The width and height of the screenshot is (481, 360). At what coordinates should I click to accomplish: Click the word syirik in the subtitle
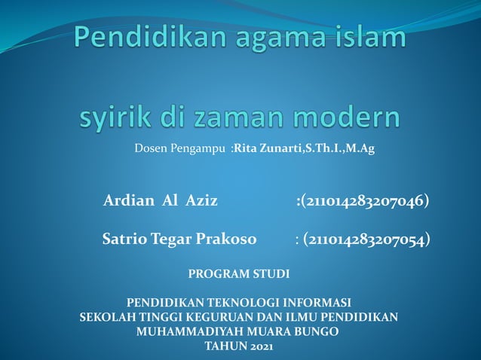[115, 119]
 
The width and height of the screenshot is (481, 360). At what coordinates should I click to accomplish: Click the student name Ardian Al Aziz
[161, 201]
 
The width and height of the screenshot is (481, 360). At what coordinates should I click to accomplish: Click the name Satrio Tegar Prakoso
[179, 240]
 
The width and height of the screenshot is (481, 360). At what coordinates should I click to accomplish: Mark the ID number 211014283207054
[369, 240]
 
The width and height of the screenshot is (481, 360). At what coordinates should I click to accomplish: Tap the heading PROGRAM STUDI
[238, 272]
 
